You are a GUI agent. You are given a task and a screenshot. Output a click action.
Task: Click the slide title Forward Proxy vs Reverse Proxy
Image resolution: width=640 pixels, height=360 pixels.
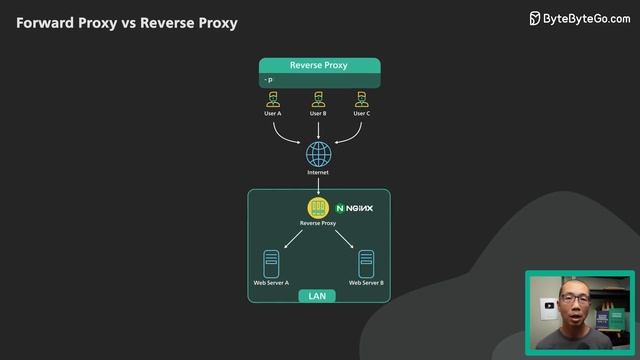pyautogui.click(x=127, y=22)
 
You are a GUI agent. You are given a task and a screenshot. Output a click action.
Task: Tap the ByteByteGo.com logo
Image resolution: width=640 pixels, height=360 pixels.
pyautogui.click(x=579, y=17)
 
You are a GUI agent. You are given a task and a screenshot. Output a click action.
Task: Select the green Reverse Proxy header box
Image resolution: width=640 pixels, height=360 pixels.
pyautogui.click(x=319, y=65)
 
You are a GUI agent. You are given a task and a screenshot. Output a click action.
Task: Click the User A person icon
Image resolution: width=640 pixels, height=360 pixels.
pyautogui.click(x=273, y=99)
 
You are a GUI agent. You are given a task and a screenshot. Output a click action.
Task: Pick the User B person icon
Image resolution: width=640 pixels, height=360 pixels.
pyautogui.click(x=318, y=99)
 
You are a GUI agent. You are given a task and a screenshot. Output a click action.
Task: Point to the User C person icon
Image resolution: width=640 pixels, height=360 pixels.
pyautogui.click(x=363, y=99)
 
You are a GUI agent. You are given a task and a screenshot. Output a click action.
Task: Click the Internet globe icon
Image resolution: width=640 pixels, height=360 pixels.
pyautogui.click(x=318, y=154)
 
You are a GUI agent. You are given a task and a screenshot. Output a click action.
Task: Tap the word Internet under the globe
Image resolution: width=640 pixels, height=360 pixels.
pyautogui.click(x=318, y=173)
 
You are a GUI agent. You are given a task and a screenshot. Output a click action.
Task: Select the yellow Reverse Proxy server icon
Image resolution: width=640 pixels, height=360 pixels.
pyautogui.click(x=318, y=208)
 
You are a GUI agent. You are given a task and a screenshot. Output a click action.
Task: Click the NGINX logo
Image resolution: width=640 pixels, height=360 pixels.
pyautogui.click(x=354, y=208)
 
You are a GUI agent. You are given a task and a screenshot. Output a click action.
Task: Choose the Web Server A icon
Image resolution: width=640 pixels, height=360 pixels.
pyautogui.click(x=271, y=263)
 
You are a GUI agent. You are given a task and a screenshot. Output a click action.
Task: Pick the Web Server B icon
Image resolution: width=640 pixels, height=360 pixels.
pyautogui.click(x=366, y=263)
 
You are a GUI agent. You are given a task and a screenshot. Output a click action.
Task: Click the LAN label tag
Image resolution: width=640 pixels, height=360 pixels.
pyautogui.click(x=317, y=296)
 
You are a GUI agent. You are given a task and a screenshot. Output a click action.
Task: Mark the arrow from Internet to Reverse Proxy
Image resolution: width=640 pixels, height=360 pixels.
pyautogui.click(x=318, y=186)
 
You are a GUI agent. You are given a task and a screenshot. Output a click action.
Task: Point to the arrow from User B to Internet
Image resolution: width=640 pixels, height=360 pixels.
pyautogui.click(x=318, y=129)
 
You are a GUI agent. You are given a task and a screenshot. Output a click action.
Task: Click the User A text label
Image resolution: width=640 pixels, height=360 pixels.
pyautogui.click(x=273, y=114)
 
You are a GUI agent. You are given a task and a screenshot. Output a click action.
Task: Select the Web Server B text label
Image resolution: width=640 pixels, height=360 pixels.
pyautogui.click(x=366, y=283)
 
